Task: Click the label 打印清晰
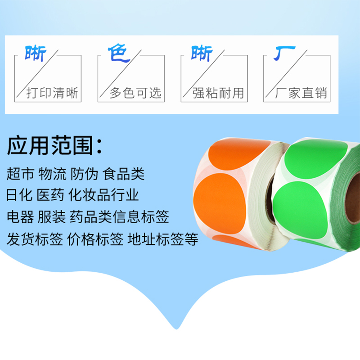point(52,93)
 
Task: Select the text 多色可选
point(135,93)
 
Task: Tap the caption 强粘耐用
point(218,93)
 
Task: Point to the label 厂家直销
point(301,93)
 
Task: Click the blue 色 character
point(119,53)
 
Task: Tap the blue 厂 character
point(284,53)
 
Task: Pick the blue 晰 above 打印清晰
point(36,54)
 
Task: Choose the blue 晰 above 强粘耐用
point(202,54)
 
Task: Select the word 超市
point(20,174)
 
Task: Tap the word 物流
point(52,174)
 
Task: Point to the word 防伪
point(84,174)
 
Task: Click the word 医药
point(50,195)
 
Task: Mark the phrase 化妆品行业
point(103,195)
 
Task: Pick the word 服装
point(52,217)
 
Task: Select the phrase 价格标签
point(95,239)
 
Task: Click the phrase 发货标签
point(35,239)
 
